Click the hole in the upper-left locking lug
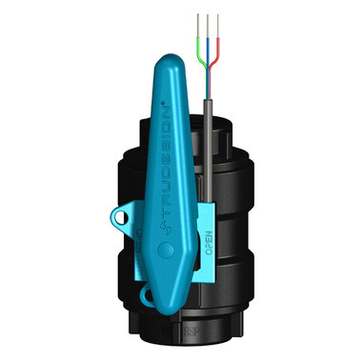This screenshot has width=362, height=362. pos(121,216)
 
